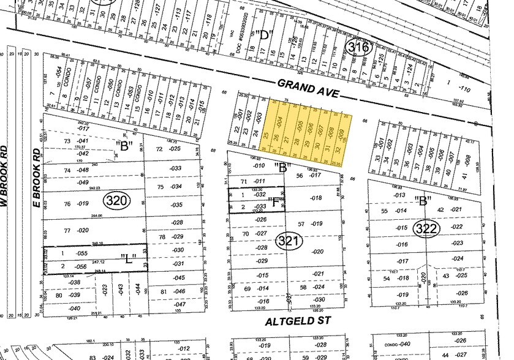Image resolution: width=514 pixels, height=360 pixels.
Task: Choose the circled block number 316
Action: (358, 47)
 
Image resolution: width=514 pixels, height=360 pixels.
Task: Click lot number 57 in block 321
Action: (301, 223)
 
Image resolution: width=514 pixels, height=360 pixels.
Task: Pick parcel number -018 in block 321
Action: (316, 198)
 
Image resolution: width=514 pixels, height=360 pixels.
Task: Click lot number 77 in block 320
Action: (67, 230)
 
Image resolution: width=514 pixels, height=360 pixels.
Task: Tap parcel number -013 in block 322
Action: (401, 195)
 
